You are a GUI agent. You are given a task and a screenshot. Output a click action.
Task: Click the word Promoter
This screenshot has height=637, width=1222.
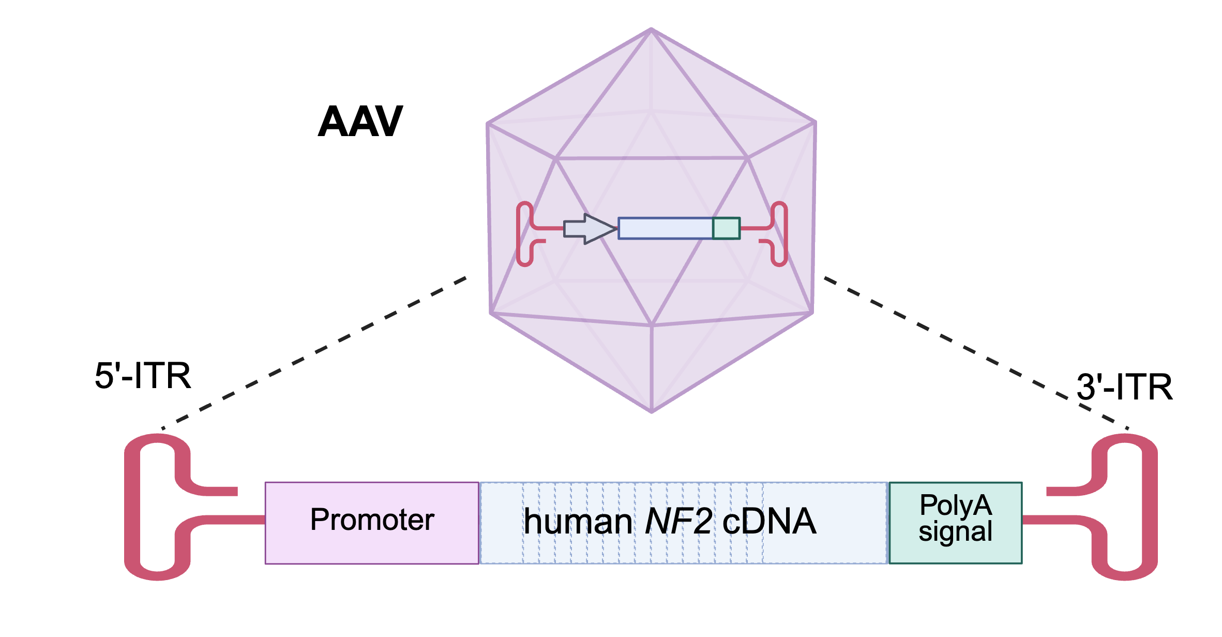[372, 520]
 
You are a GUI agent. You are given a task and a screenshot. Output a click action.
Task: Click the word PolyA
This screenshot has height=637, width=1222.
[956, 505]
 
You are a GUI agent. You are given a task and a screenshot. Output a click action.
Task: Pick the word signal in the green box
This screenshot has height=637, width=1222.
[956, 531]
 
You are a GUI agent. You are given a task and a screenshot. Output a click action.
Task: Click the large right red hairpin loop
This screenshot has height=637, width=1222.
[1149, 507]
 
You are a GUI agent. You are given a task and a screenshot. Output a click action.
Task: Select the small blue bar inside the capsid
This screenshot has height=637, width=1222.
[665, 229]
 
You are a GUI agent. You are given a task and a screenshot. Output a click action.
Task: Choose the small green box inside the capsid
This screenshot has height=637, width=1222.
[727, 229]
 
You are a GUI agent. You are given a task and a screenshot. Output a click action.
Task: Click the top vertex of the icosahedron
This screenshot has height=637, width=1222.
[651, 29]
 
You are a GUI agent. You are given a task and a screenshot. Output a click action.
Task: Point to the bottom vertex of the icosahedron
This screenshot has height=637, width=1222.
[652, 411]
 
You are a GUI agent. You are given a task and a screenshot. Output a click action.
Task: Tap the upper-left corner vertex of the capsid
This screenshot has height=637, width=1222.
[488, 124]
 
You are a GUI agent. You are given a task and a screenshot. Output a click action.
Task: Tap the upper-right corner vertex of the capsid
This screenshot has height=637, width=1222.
[815, 123]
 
